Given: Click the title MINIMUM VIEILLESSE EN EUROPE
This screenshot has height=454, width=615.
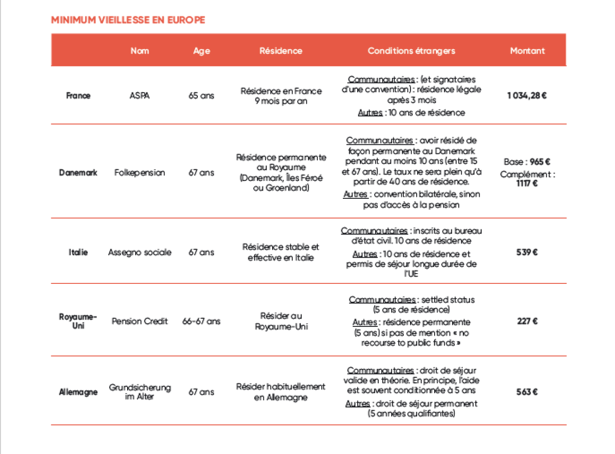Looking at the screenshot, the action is click(128, 20).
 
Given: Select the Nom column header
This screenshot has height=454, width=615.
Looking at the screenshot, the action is click(140, 51).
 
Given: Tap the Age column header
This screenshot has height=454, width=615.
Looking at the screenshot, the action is click(201, 51).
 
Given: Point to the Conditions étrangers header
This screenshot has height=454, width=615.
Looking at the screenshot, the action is click(412, 51).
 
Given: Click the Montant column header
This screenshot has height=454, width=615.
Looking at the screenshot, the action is click(527, 51).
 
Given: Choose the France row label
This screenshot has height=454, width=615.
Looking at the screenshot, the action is click(78, 96).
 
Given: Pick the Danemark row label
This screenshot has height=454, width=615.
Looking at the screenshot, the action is click(78, 173).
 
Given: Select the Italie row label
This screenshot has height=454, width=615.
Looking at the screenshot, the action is click(78, 252).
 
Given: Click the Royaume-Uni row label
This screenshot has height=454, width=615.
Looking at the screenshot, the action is click(78, 321).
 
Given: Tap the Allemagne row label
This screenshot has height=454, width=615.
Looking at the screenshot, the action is click(78, 392).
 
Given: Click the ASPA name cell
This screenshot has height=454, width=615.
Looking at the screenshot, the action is click(139, 96).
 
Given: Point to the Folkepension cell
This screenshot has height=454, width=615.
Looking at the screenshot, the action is click(140, 173).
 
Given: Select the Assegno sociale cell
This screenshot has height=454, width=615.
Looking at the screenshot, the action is click(140, 253).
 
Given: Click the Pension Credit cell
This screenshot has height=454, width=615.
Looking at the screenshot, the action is click(140, 321).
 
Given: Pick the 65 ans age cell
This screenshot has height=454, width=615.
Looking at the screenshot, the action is click(201, 96).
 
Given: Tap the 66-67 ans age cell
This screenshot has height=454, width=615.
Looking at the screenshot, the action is click(201, 321).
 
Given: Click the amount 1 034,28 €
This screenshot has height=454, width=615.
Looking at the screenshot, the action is click(527, 96).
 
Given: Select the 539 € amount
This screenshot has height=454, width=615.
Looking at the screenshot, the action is click(527, 252).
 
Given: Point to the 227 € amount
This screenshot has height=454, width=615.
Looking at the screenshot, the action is click(527, 321).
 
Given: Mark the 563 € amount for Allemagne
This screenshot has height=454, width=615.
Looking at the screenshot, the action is click(527, 392).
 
